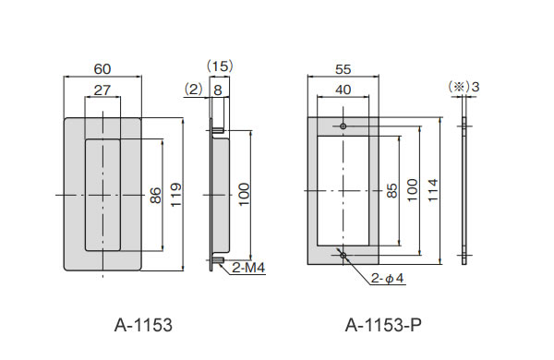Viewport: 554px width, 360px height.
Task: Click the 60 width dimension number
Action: point(102,69)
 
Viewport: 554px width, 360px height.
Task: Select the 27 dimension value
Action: point(102,90)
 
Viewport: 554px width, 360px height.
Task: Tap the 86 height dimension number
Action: point(155,196)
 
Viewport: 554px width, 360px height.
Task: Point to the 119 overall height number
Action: point(175,195)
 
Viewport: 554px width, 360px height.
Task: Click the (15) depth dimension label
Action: point(220,66)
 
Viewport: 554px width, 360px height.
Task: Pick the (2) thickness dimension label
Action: point(193,90)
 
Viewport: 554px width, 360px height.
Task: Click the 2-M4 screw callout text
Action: point(248,268)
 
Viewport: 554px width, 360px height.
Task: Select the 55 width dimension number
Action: point(343,69)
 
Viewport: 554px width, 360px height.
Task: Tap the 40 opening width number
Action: point(343,90)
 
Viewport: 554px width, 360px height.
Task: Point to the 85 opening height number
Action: point(391,190)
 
